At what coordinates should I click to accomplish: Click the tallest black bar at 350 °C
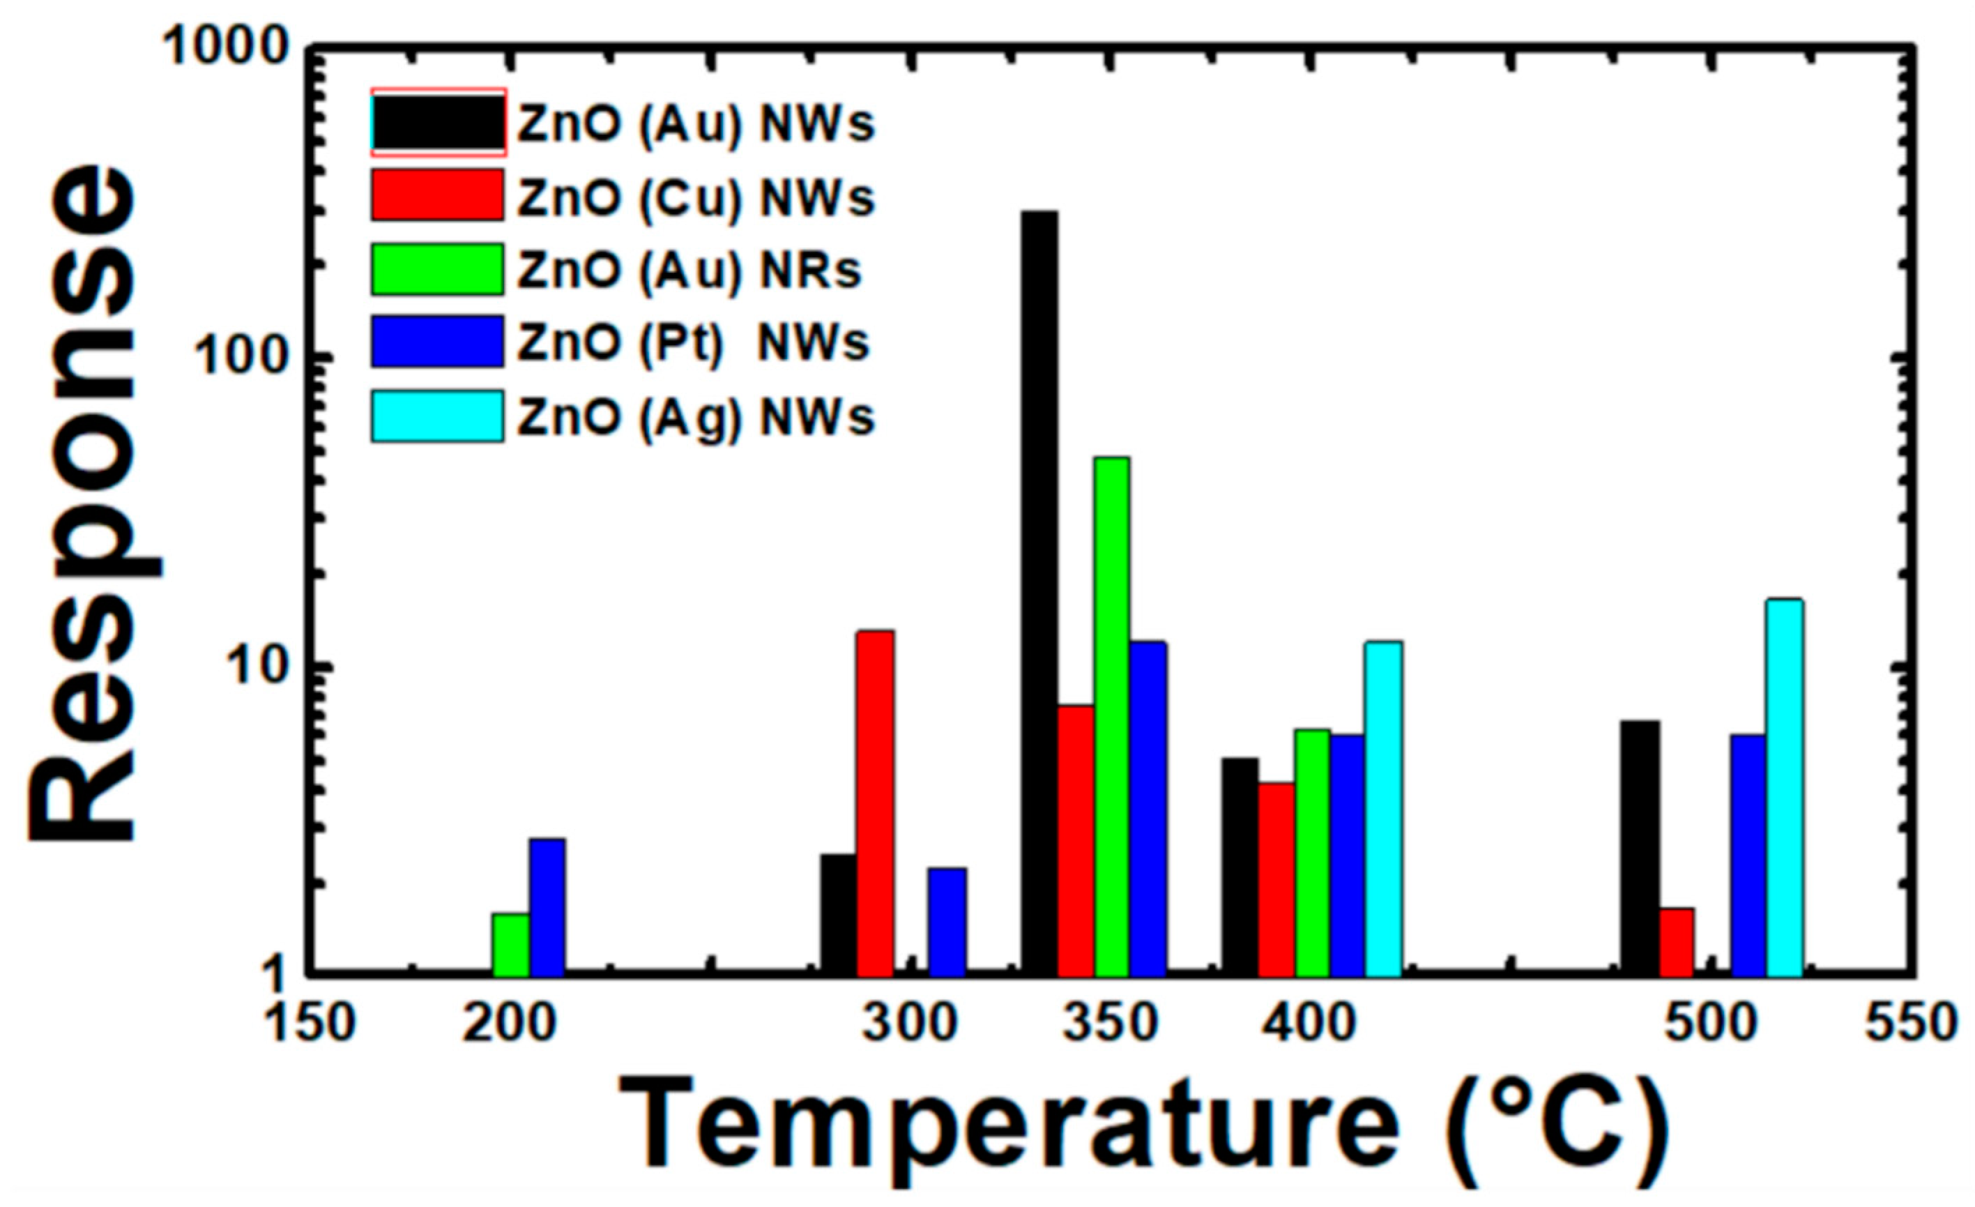point(1039,593)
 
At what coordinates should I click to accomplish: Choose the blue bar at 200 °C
point(547,907)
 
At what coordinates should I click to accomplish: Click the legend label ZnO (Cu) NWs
point(695,197)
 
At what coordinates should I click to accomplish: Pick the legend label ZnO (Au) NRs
point(689,271)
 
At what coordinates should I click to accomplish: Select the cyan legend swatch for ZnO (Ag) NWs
point(438,416)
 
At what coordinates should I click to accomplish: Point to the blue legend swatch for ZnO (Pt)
point(438,342)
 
